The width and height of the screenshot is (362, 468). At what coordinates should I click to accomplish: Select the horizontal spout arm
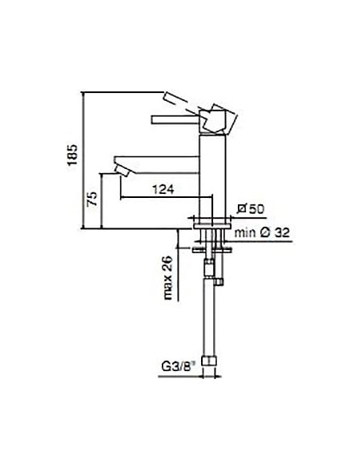tap(160, 158)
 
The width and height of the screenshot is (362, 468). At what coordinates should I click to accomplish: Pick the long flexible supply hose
tap(210, 321)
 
